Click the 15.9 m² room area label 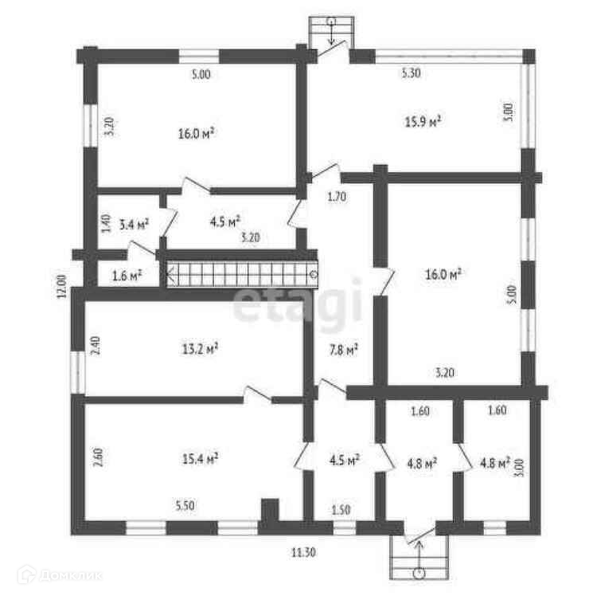pyautogui.click(x=423, y=122)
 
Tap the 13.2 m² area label pyautogui.click(x=200, y=347)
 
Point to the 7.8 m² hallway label pyautogui.click(x=344, y=348)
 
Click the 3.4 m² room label pyautogui.click(x=134, y=225)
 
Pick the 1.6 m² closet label pyautogui.click(x=127, y=276)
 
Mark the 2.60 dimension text pyautogui.click(x=96, y=460)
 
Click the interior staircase pyautogui.click(x=241, y=276)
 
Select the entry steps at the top pyautogui.click(x=330, y=33)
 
